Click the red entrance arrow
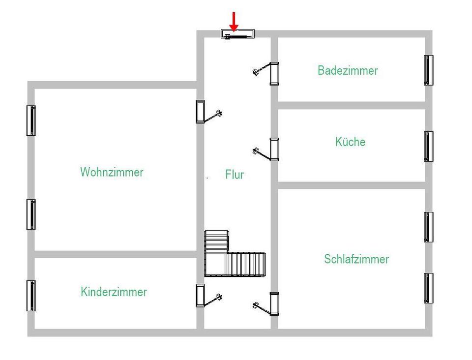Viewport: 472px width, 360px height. (x=234, y=22)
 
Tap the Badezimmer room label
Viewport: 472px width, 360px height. (x=348, y=70)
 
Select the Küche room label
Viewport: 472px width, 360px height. (x=351, y=142)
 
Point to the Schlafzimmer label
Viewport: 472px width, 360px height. (x=356, y=259)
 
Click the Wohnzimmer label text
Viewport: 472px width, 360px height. (x=112, y=172)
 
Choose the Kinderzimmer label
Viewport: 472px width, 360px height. (x=114, y=292)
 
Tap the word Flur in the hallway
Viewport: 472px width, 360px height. (x=235, y=174)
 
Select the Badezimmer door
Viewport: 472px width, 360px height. (x=266, y=73)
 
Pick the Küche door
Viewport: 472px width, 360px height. (x=266, y=150)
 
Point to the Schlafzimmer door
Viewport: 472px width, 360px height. (x=266, y=304)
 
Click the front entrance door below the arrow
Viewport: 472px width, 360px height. (x=238, y=34)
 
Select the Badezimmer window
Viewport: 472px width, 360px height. (x=429, y=70)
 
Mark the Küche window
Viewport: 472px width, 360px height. (x=429, y=146)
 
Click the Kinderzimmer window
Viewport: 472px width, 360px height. (x=31, y=296)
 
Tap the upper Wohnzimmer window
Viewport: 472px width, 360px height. (x=31, y=120)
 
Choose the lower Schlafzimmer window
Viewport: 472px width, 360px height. (x=429, y=288)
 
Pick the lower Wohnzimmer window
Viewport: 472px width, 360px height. (x=31, y=214)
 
